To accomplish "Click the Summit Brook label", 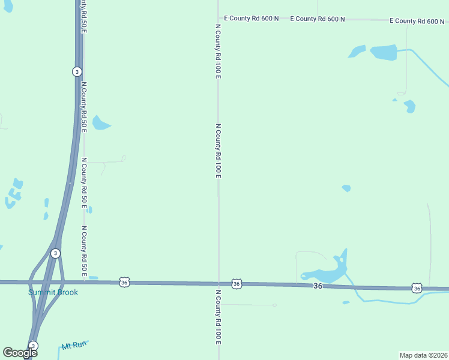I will click(x=53, y=292).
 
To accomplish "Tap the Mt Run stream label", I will click(x=74, y=346).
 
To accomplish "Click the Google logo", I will click(x=20, y=353).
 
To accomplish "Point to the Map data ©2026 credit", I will click(x=423, y=355).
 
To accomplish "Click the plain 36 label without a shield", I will click(x=318, y=286).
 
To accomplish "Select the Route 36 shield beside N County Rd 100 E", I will click(x=237, y=283).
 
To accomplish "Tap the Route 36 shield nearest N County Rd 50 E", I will click(x=124, y=282).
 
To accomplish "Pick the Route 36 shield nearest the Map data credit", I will click(x=417, y=289).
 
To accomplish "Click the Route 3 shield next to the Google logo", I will click(x=34, y=346).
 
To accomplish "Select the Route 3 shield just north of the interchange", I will click(x=55, y=253).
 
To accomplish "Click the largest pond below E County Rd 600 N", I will click(x=384, y=52).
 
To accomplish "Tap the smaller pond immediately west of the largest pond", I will click(x=357, y=52).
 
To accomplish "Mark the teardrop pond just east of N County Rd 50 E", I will click(x=100, y=124).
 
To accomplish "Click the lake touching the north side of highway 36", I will click(x=327, y=272).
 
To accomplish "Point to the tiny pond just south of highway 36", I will click(x=346, y=302).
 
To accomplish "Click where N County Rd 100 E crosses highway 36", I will click(x=218, y=283).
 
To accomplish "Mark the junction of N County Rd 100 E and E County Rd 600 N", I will click(x=218, y=19).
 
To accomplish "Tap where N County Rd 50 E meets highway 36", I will click(x=84, y=281).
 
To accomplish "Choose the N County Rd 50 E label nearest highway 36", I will click(x=85, y=251).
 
